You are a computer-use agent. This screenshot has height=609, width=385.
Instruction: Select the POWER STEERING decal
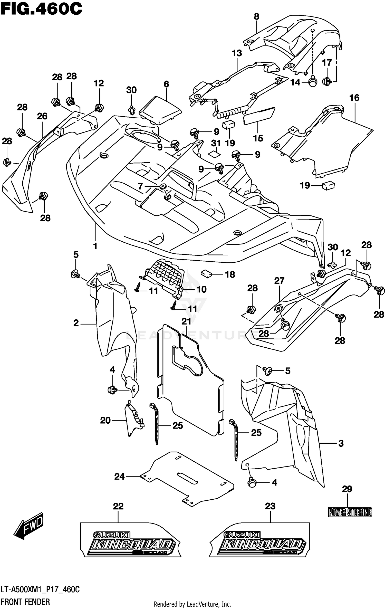pyautogui.click(x=350, y=512)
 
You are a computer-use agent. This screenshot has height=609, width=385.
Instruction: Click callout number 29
pyautogui.click(x=347, y=489)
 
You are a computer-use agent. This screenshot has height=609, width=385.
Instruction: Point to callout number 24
pyautogui.click(x=119, y=477)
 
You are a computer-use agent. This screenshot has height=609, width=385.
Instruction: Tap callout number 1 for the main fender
pyautogui.click(x=95, y=246)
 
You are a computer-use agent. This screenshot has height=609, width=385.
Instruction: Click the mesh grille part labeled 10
pyautogui.click(x=164, y=275)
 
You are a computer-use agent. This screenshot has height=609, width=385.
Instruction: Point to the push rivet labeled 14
pyautogui.click(x=312, y=82)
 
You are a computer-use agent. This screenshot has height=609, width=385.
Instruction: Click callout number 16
pyautogui.click(x=354, y=98)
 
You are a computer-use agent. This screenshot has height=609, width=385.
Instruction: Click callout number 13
pyautogui.click(x=237, y=53)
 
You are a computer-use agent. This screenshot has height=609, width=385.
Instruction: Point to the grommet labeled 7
pyautogui.click(x=162, y=186)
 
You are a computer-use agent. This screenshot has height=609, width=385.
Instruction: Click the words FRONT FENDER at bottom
pyautogui.click(x=25, y=602)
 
